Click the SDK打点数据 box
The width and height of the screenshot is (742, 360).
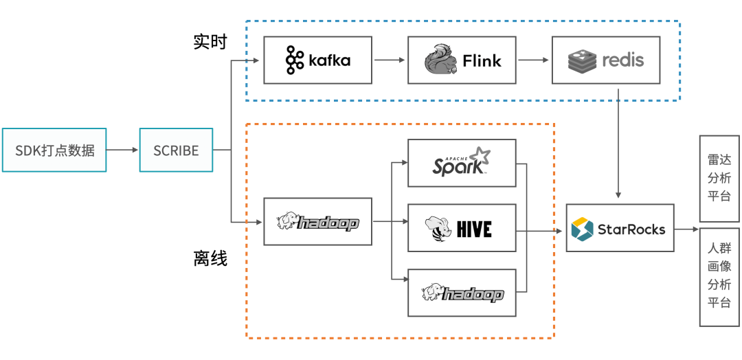point(54,150)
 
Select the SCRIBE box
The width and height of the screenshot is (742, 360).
point(176,150)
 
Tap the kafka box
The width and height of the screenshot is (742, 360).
point(317,60)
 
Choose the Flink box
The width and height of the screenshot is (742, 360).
point(461,60)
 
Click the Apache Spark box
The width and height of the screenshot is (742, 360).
point(461,163)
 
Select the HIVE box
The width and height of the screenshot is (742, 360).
point(461,227)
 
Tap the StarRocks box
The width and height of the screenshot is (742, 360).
point(620,228)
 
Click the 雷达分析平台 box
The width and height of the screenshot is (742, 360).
point(719,178)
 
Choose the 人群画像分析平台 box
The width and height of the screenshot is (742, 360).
point(719,276)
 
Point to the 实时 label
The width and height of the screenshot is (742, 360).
point(210,42)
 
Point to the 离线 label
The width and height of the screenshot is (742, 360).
point(210,259)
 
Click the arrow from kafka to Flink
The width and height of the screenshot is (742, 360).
point(390,60)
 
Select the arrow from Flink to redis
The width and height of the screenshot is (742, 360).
point(534,60)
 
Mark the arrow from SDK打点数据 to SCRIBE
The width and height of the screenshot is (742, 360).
point(123,150)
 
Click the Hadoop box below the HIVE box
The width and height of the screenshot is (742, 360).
point(461,293)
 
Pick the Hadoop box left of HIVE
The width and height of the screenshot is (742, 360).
point(317,221)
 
